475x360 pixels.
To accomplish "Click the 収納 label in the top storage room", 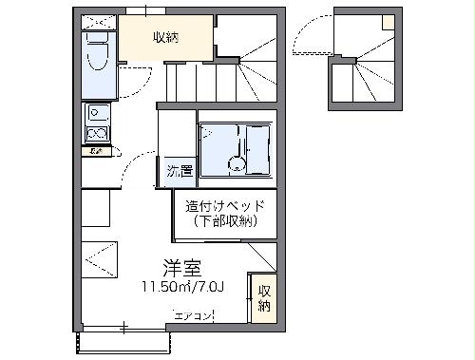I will pos(165,38).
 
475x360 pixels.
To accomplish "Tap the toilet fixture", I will pos(99,53).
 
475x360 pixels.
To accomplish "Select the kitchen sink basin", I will pos(97,115).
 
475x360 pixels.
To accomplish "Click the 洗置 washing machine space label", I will pos(180,172).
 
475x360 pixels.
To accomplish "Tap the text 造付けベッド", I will pos(224,206).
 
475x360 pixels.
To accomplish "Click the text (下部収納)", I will pos(224,221).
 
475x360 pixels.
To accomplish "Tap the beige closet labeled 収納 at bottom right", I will pos(263,298).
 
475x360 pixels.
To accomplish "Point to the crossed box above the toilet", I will pos(98,20).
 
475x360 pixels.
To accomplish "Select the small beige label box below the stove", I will pos(96,151).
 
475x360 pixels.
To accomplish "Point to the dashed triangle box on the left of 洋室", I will pos(99,256).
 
